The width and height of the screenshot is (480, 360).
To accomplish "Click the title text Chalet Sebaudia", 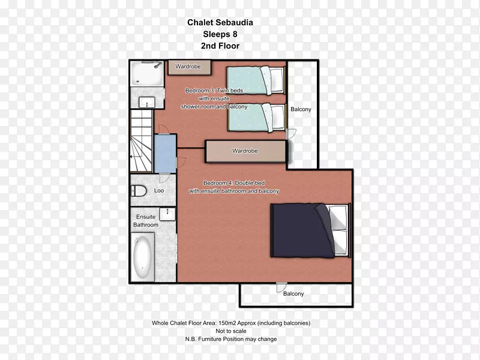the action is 220,22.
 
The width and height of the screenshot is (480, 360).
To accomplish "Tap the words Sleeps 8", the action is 220,34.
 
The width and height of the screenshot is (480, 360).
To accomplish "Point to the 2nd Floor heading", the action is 220,46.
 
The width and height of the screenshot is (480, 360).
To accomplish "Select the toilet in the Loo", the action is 139,191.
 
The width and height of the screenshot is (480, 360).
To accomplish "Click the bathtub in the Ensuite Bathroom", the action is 143,257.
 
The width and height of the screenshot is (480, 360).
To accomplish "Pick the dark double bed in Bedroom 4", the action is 310,230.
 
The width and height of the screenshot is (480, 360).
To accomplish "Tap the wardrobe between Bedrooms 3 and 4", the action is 246,151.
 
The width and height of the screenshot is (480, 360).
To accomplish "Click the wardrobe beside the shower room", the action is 189,67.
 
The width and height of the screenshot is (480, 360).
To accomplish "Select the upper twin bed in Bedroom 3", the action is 256,80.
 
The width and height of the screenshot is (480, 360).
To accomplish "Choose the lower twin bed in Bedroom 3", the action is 257,118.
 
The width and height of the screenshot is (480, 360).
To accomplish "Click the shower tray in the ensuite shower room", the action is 146,74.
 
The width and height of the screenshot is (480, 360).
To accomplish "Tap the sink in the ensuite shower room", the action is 147,102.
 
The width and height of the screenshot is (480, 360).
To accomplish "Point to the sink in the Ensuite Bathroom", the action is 167,214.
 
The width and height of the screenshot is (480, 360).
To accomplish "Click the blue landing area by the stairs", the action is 166,154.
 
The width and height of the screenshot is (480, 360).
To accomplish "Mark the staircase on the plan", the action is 142,140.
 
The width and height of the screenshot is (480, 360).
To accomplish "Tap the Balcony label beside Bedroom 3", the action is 301,109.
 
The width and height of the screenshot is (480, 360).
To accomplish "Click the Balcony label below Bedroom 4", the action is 293,294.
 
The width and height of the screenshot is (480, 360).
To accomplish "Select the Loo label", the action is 159,190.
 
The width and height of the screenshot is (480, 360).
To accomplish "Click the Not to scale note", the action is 231,331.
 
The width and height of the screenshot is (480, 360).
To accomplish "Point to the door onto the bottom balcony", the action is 281,287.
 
